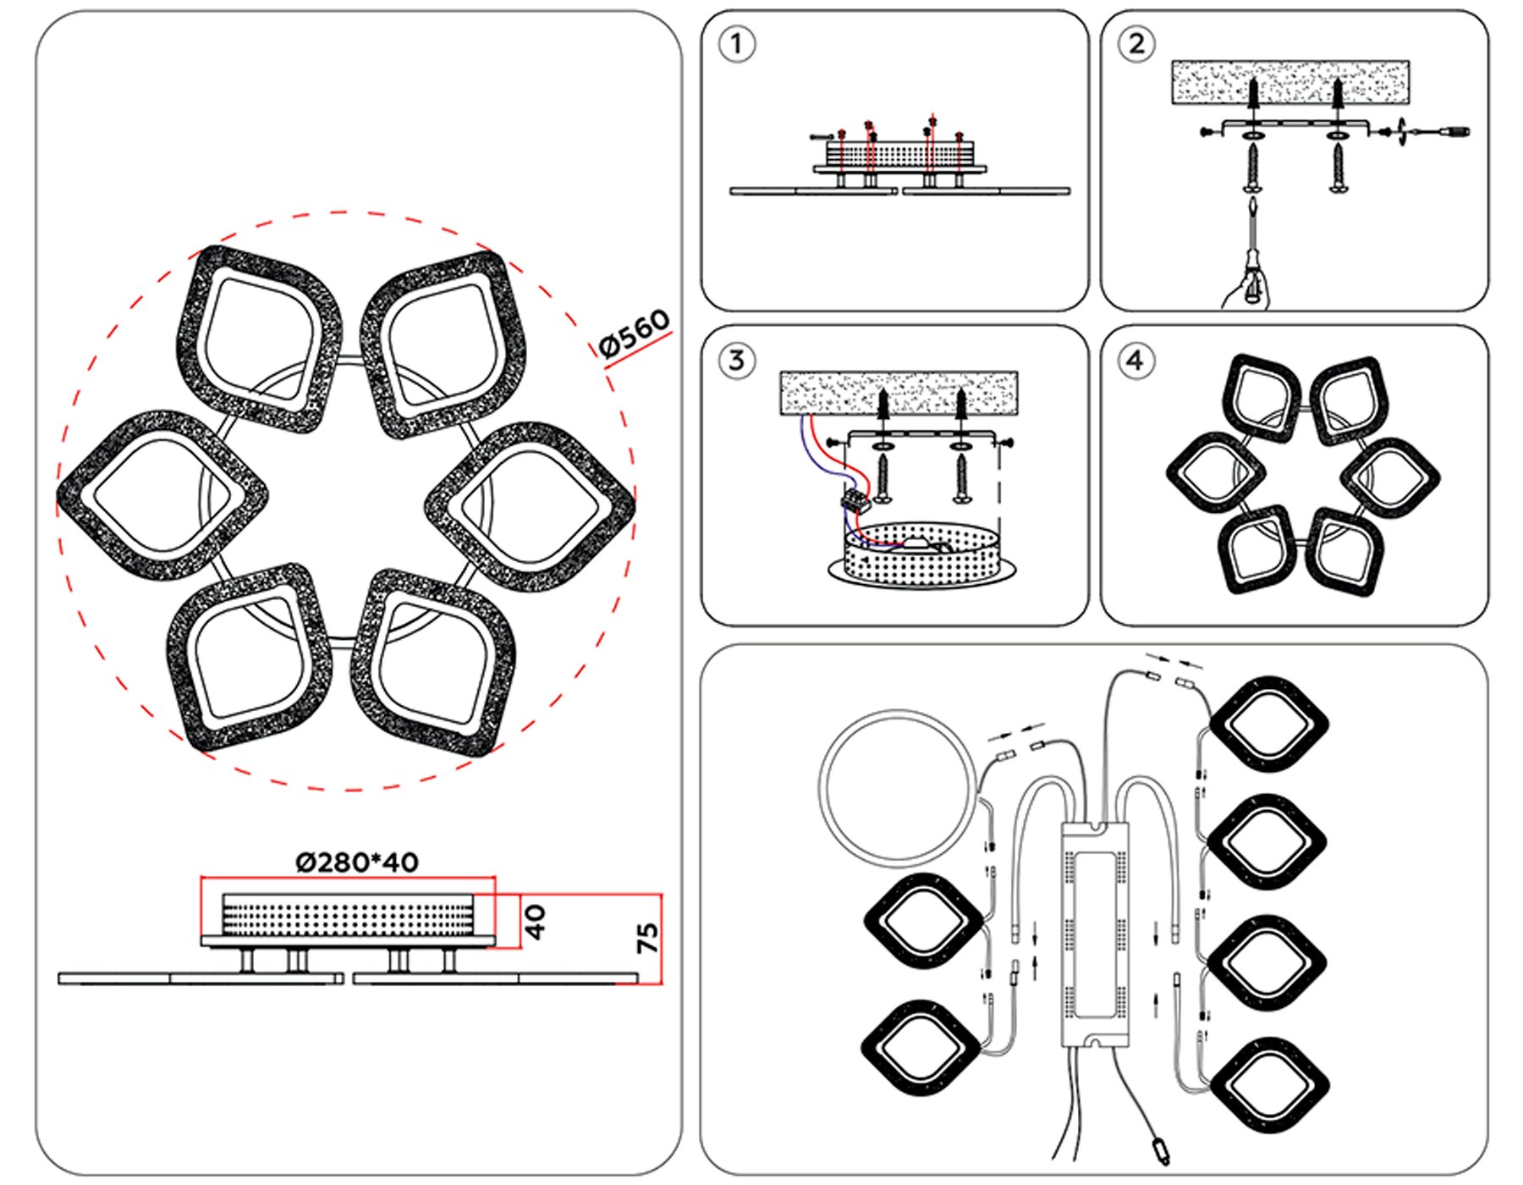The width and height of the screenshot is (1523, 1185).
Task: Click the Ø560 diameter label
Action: click(x=634, y=333)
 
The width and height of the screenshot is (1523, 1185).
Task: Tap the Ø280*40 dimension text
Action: click(x=356, y=863)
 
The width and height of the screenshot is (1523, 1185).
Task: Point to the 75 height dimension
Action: click(x=647, y=938)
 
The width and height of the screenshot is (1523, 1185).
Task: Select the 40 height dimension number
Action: click(x=536, y=922)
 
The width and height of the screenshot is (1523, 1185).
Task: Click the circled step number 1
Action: click(x=736, y=44)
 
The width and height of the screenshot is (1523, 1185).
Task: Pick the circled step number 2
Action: click(x=1135, y=44)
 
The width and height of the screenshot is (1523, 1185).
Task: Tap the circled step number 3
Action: click(x=736, y=361)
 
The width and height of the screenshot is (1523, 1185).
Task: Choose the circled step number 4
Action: click(x=1135, y=361)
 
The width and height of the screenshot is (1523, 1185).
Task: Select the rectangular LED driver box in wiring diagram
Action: click(x=1096, y=935)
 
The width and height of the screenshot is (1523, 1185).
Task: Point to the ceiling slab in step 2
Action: click(x=1289, y=81)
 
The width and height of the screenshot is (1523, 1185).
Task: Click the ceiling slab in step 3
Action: click(x=898, y=392)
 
